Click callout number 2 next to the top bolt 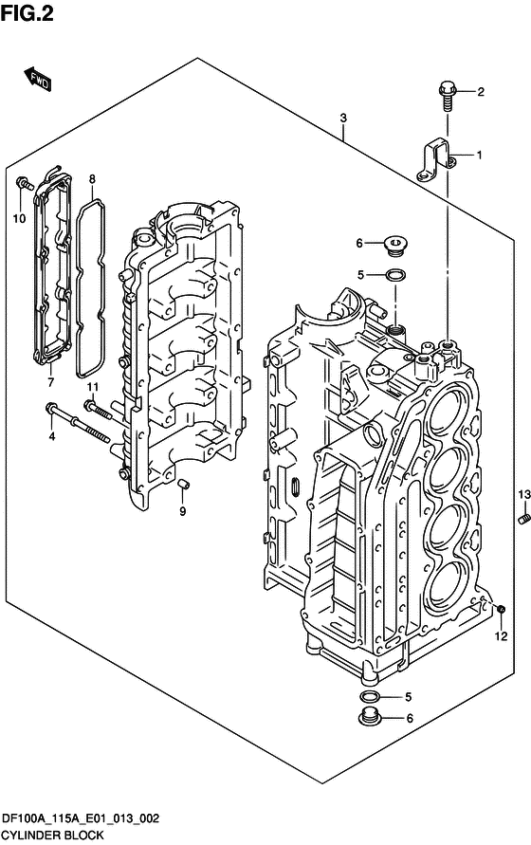pyautogui.click(x=481, y=92)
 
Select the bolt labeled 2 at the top pyautogui.click(x=447, y=91)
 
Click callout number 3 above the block pyautogui.click(x=343, y=118)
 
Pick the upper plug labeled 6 pyautogui.click(x=395, y=246)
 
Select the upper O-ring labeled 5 pyautogui.click(x=398, y=276)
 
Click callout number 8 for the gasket pyautogui.click(x=92, y=178)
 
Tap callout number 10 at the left pyautogui.click(x=18, y=219)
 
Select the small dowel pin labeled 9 pyautogui.click(x=184, y=486)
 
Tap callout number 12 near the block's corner pyautogui.click(x=500, y=636)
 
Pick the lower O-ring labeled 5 pyautogui.click(x=370, y=697)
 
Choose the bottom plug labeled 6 pyautogui.click(x=369, y=718)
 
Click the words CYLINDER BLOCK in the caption pyautogui.click(x=51, y=836)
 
